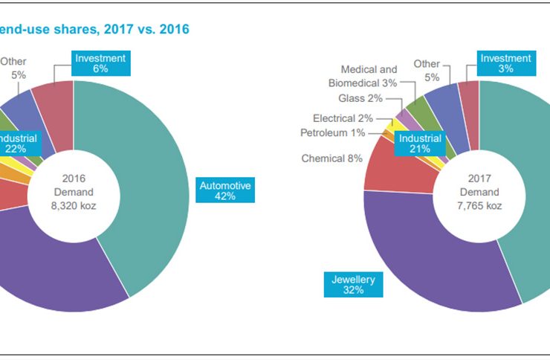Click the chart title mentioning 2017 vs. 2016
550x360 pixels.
coord(94,29)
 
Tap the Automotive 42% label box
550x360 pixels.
coord(226,190)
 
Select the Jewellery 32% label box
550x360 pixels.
coord(353,285)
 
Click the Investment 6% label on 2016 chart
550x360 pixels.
coord(101,63)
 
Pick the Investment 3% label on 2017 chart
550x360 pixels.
coord(505,63)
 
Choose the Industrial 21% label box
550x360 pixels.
coord(420,144)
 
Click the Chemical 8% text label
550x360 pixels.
coord(331,158)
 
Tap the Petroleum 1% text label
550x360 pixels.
coord(332,133)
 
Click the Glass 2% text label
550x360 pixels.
coord(360,98)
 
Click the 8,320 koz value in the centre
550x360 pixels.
coord(73,205)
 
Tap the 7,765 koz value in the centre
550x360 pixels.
coord(479,205)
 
